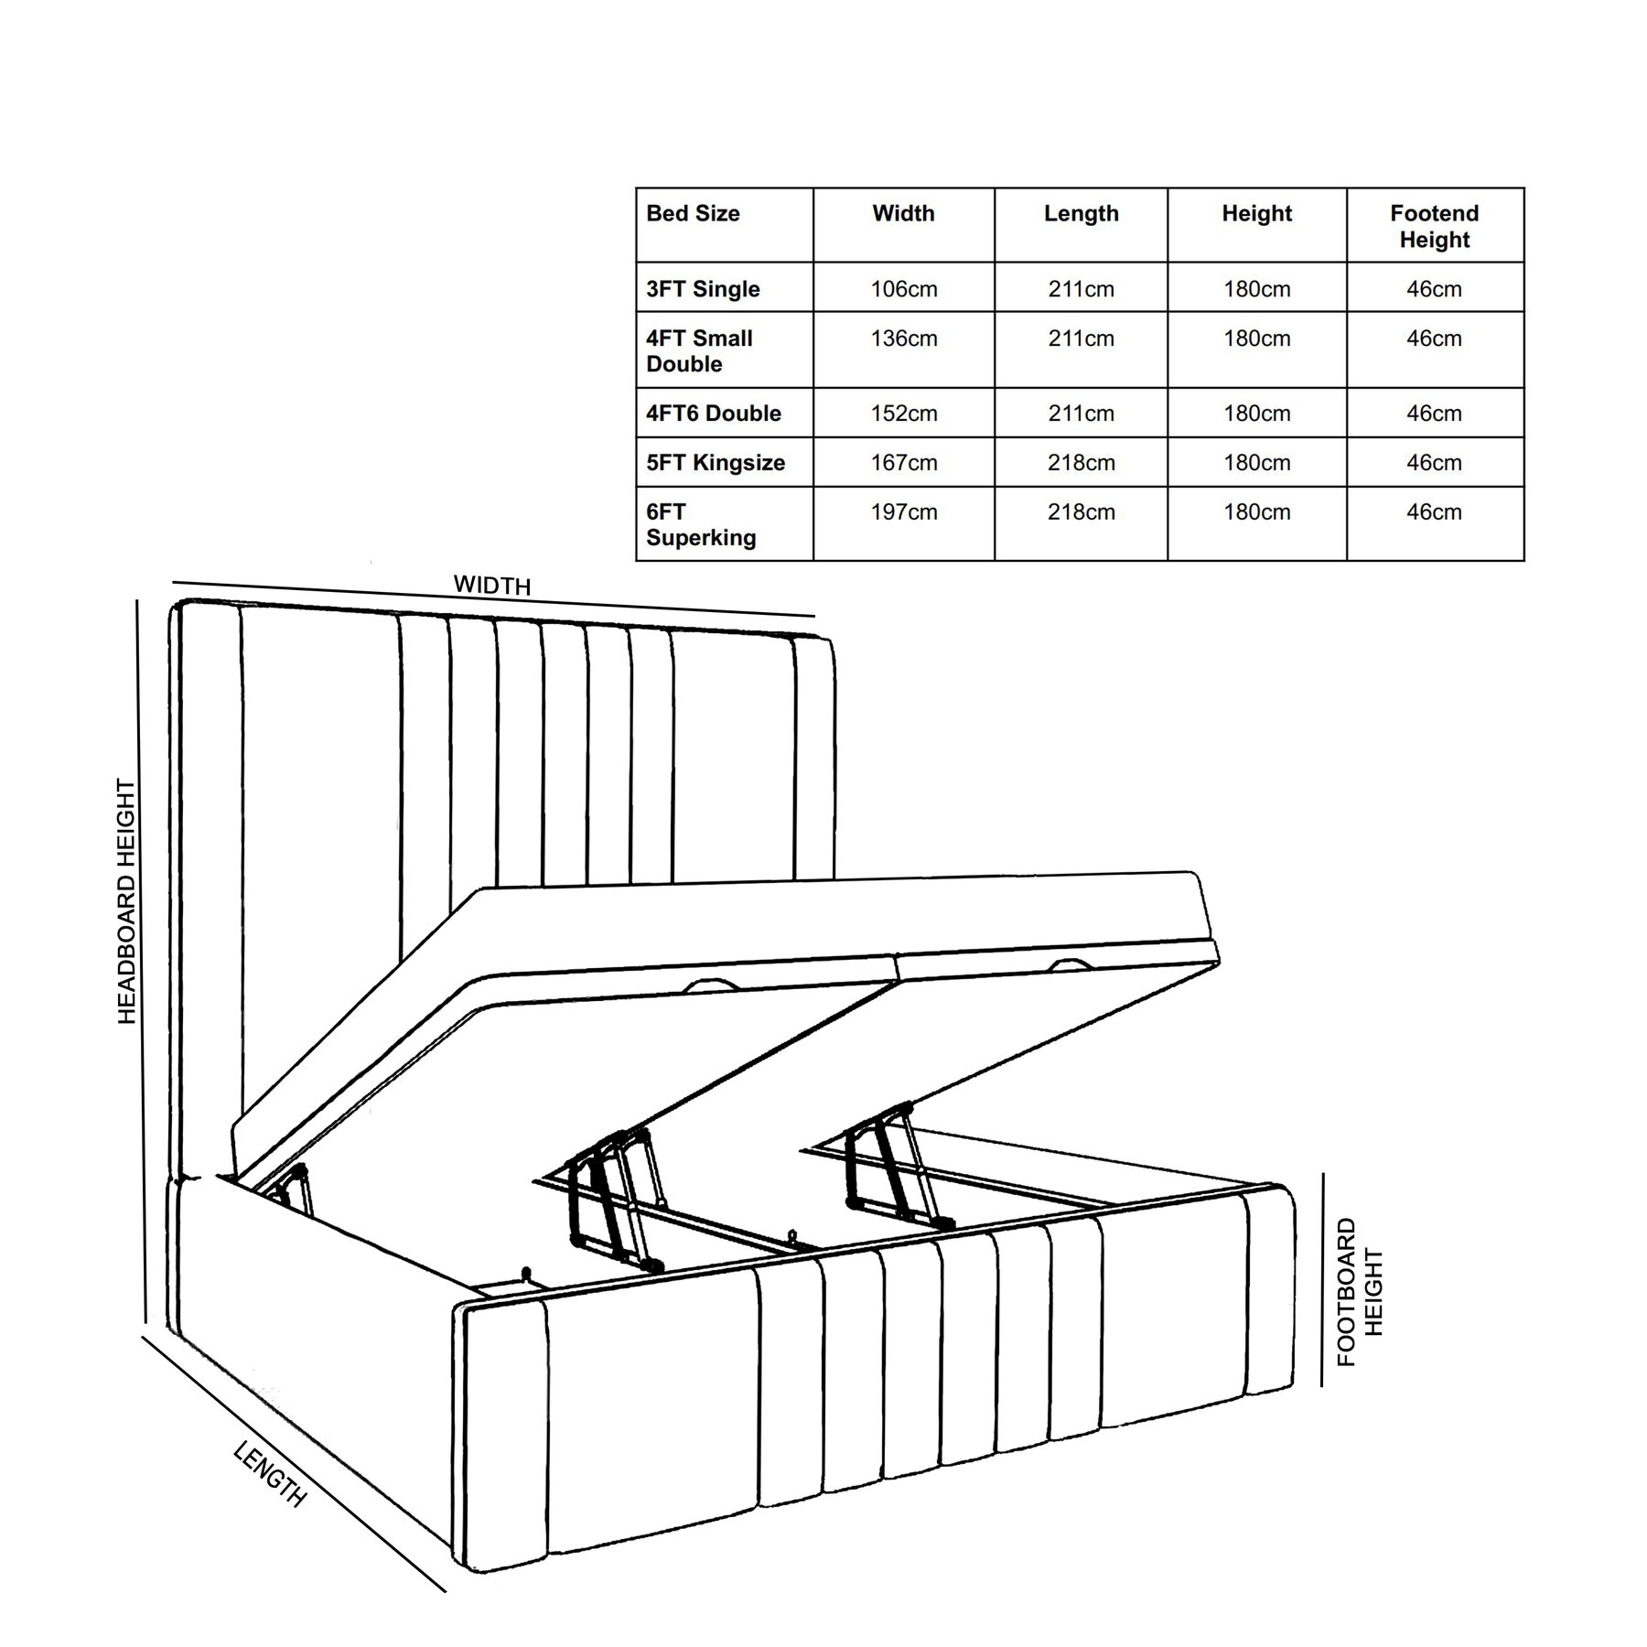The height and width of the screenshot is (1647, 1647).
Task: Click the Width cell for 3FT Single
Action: tap(903, 289)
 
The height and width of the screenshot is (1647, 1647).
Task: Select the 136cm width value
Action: tap(903, 339)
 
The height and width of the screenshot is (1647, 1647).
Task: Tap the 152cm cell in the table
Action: tap(903, 414)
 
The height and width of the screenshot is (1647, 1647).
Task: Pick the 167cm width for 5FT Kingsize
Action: tap(903, 463)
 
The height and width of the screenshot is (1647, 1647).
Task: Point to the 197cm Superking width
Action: tap(903, 512)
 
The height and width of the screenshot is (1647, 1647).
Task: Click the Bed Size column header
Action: tap(693, 214)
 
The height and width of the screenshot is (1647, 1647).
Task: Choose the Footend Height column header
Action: tap(1434, 227)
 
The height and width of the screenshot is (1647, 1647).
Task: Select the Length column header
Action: tap(1081, 214)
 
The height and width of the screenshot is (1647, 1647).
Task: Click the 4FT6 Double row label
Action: tap(714, 414)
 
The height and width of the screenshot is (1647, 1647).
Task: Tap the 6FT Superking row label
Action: tap(700, 525)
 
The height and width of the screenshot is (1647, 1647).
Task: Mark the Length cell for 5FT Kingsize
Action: tap(1081, 463)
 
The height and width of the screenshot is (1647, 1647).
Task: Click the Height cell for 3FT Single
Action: tap(1256, 289)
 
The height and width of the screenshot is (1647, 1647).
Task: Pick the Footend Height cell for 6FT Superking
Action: tap(1434, 512)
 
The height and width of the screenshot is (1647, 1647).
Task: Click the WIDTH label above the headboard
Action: tap(492, 586)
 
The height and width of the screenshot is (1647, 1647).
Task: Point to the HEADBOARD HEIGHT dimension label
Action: tap(126, 901)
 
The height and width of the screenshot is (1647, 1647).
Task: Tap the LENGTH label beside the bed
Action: tap(270, 1474)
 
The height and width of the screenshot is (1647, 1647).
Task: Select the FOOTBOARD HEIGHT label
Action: tap(1360, 1292)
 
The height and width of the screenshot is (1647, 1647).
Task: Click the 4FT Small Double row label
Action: tap(699, 351)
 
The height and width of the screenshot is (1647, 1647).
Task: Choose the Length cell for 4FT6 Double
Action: tap(1081, 414)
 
